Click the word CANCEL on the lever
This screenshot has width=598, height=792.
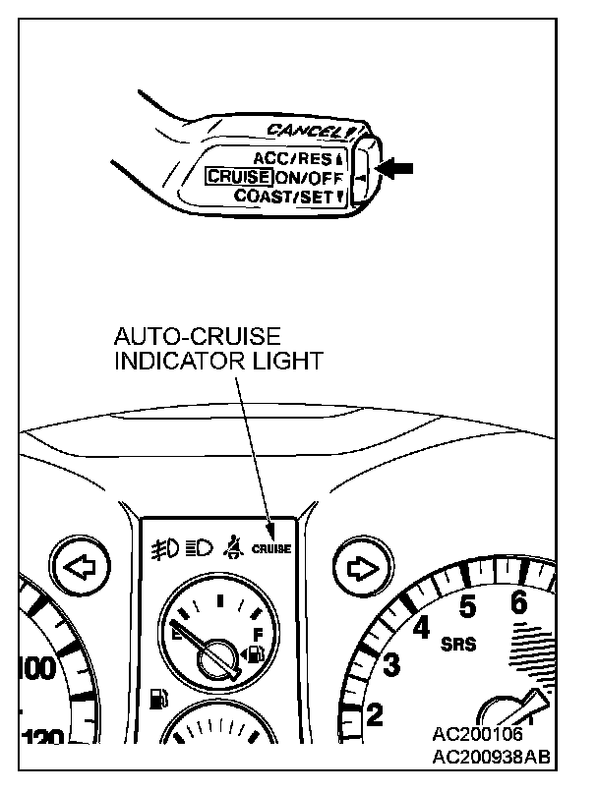(303, 131)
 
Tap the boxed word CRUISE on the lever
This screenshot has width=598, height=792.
(238, 177)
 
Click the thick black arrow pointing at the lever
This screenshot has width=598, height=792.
(394, 168)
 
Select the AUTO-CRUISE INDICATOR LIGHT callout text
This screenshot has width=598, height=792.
(218, 350)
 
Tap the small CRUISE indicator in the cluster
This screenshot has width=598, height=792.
(271, 548)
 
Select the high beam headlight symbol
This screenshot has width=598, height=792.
(200, 546)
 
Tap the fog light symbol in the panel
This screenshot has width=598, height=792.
(163, 546)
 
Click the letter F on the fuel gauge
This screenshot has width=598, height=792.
(258, 634)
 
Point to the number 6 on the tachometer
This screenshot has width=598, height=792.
(518, 603)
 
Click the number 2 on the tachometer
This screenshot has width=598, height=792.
(375, 715)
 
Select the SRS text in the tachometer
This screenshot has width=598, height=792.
(458, 645)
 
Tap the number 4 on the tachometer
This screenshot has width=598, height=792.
(424, 626)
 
